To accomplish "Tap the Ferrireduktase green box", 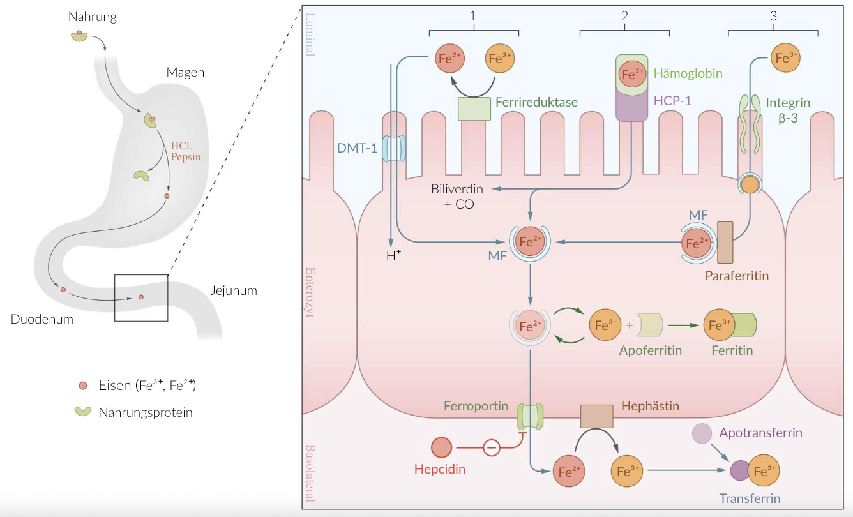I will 474,109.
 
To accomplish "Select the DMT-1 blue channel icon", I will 395,147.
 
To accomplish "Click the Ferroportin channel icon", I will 529,416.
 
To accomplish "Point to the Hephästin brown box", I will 596,416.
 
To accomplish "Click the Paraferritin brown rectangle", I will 725,243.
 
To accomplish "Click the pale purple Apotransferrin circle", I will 702,434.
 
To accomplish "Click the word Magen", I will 185,72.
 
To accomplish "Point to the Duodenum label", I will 42,319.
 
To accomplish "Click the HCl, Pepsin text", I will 186,151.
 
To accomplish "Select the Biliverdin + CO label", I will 457,196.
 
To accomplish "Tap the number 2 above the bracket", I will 624,17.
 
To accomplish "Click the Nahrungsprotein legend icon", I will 83,412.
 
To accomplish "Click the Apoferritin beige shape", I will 651,326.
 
